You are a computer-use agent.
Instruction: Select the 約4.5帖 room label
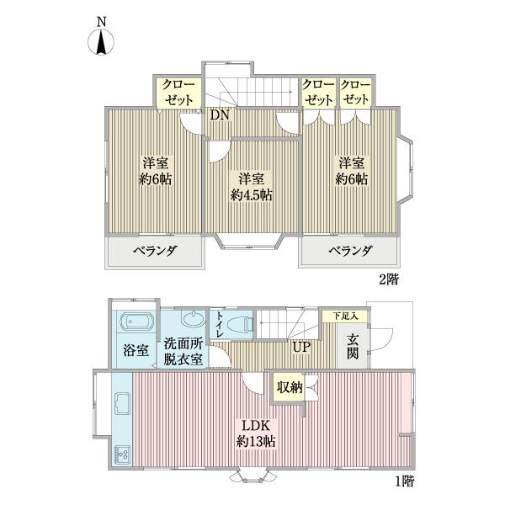pyautogui.click(x=252, y=187)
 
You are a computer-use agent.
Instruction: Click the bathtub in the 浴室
pyautogui.click(x=136, y=323)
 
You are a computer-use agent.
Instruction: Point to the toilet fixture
pyautogui.click(x=242, y=323)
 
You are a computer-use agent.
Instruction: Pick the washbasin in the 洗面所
pyautogui.click(x=192, y=321)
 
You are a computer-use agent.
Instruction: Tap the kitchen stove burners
pyautogui.click(x=120, y=455)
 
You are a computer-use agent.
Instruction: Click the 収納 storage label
pyautogui.click(x=290, y=387)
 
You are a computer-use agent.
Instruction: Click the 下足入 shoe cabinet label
pyautogui.click(x=344, y=316)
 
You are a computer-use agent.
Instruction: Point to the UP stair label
pyautogui.click(x=301, y=346)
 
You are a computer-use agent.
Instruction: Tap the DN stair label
pyautogui.click(x=221, y=114)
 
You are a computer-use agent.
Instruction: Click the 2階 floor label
pyautogui.click(x=387, y=279)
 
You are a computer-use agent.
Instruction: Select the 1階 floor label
pyautogui.click(x=403, y=481)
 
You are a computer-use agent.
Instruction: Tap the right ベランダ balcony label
pyautogui.click(x=350, y=251)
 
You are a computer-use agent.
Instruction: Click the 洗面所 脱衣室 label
pyautogui.click(x=183, y=351)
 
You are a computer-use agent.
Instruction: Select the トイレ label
pyautogui.click(x=220, y=324)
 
